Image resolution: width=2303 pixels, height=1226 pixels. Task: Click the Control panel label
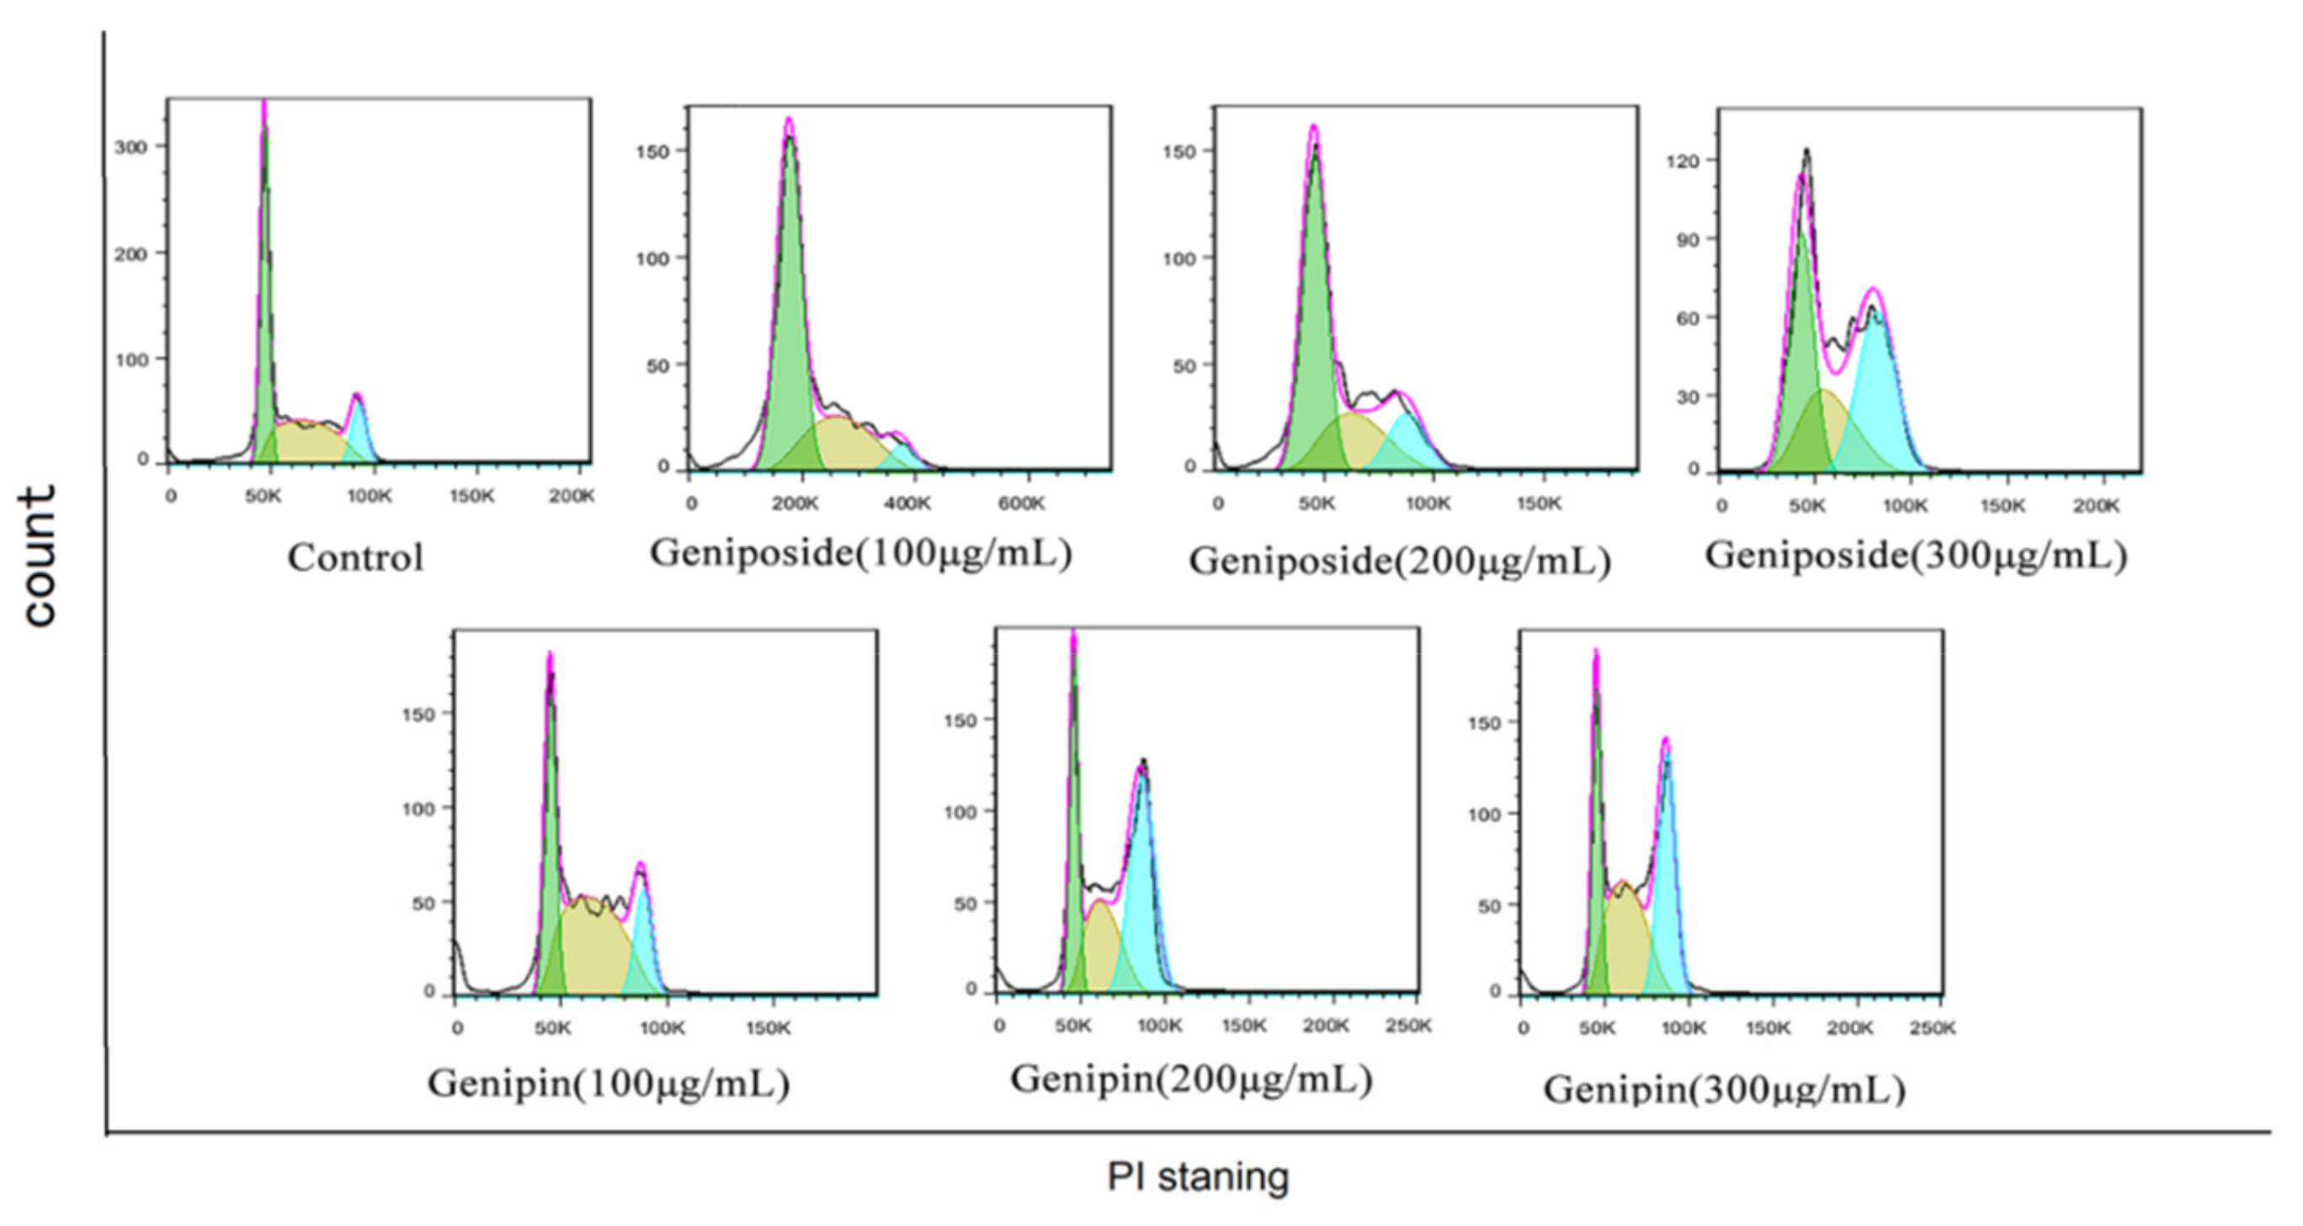[x=355, y=558]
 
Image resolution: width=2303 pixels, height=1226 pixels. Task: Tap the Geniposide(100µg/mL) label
[x=860, y=553]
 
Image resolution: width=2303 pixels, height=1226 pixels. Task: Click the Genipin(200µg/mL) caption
[x=1191, y=1079]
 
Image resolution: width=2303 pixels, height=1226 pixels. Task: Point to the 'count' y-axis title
[x=38, y=557]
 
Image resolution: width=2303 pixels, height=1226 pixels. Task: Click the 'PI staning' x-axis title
[x=1197, y=1177]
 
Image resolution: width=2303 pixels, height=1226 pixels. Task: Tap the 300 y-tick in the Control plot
[x=130, y=147]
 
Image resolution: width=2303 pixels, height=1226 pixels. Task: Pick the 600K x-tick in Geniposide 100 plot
[x=1021, y=504]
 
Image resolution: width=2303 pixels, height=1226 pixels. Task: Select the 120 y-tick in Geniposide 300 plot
[x=1682, y=161]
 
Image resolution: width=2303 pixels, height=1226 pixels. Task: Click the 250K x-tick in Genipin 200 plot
[x=1407, y=1026]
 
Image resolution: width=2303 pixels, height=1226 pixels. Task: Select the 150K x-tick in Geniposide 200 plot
[x=1538, y=504]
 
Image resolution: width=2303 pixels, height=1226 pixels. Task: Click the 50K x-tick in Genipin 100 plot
[x=552, y=1028]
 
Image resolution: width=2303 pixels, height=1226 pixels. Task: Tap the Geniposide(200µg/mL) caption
[x=1399, y=562]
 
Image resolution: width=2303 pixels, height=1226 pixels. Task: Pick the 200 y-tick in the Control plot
[x=130, y=254]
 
